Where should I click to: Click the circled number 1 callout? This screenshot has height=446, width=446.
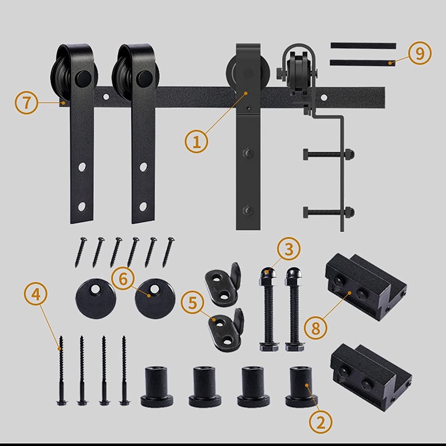196,142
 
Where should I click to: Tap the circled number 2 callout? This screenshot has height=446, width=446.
321,422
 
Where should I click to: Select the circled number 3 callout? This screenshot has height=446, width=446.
289,249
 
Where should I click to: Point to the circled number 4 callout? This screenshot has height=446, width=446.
36,295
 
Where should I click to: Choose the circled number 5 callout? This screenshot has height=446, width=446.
193,303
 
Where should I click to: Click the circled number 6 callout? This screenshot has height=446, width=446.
123,279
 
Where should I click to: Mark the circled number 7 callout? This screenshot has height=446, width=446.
27,102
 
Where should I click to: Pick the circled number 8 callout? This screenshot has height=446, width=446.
315,328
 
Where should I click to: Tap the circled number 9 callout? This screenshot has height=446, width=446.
420,54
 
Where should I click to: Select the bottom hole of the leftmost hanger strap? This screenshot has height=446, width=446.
81,207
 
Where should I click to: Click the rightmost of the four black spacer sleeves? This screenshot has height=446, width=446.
301,387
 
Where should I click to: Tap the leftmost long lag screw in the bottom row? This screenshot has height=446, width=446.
61,370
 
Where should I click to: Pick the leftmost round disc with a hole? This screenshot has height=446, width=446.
96,298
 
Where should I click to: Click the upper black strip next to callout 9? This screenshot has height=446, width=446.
363,46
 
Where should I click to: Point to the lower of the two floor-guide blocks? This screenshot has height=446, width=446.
371,377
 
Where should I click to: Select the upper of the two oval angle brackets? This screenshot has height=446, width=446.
223,284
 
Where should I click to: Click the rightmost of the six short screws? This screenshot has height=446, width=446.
169,252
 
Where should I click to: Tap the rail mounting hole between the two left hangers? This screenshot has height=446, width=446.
106,97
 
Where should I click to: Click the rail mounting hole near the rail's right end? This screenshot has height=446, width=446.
324,98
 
